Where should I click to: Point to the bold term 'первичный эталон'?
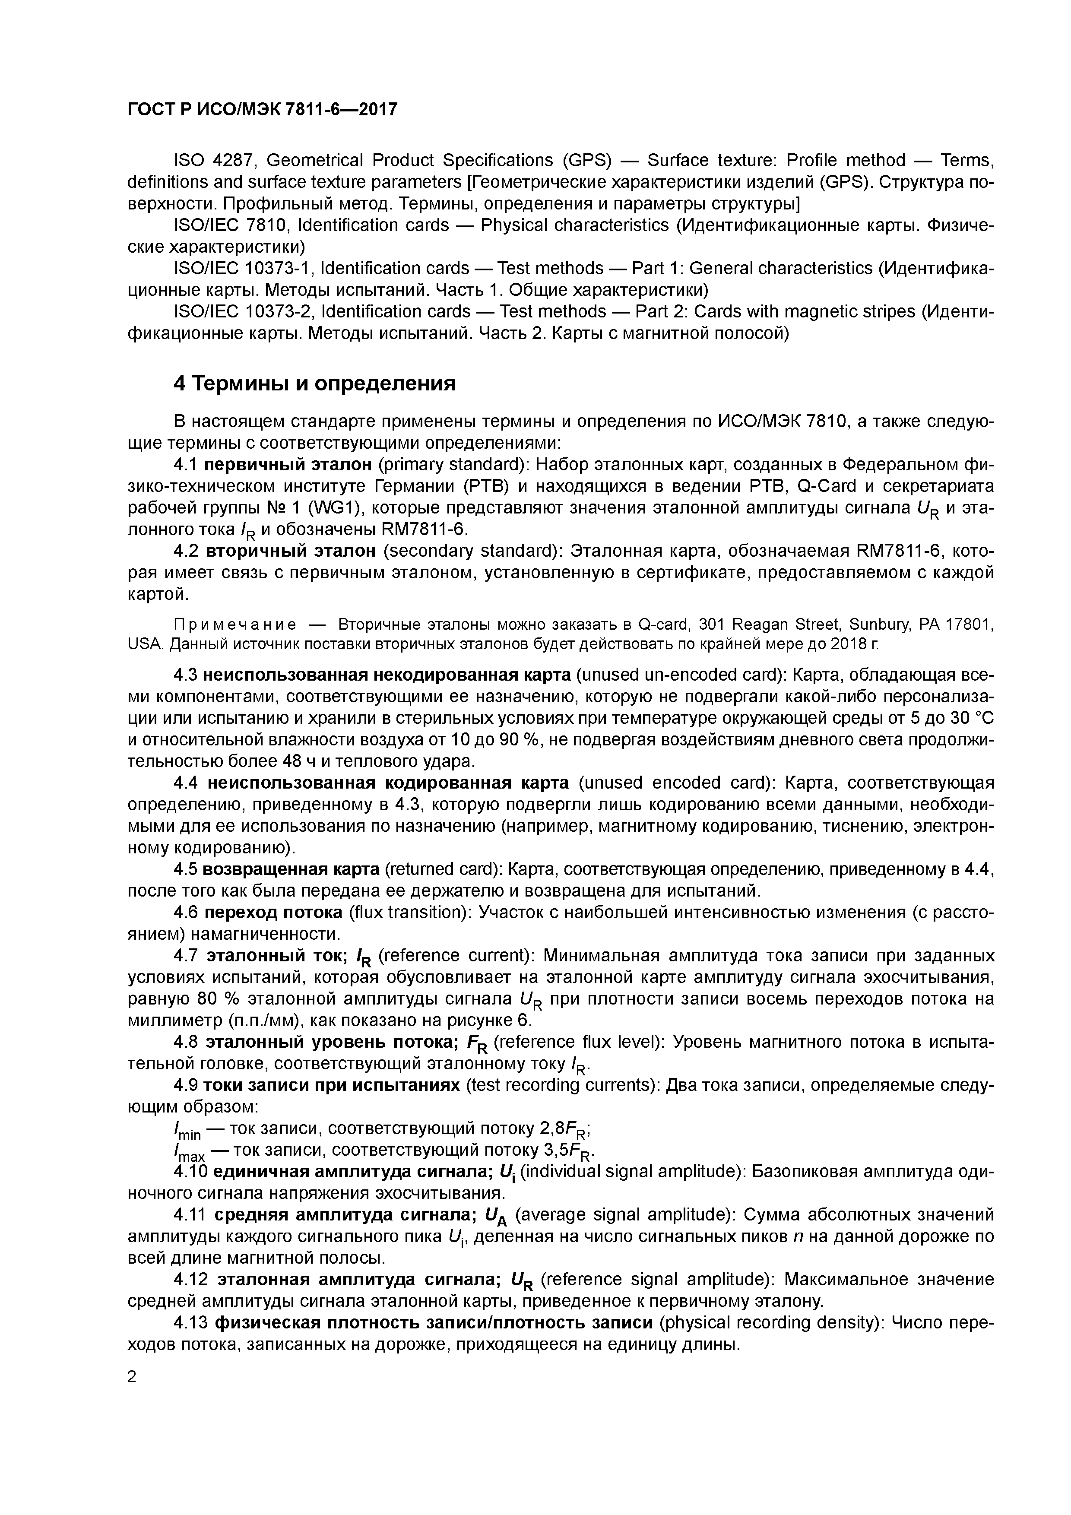tap(288, 465)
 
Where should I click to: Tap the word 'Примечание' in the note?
tap(234, 624)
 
